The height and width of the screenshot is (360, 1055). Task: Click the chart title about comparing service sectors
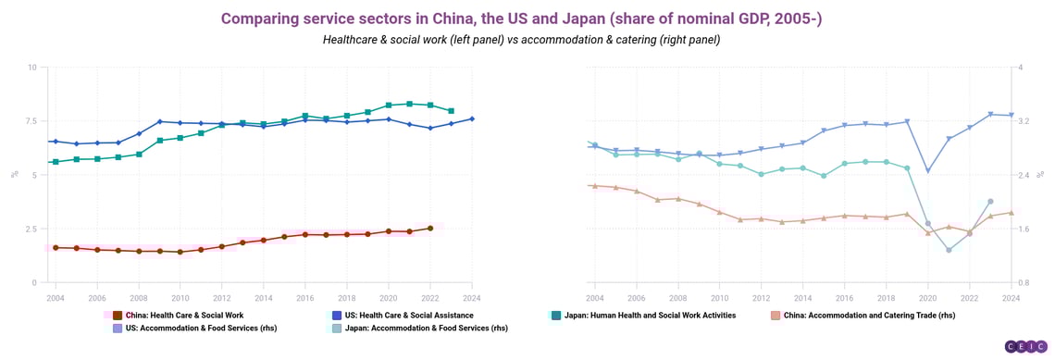coord(521,19)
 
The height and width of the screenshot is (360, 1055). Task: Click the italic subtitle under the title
coord(521,40)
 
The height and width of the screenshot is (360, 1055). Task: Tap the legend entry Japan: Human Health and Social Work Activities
coord(649,316)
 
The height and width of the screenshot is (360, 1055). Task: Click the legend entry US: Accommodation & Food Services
coord(193,329)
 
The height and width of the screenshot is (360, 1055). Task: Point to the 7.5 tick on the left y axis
coord(31,121)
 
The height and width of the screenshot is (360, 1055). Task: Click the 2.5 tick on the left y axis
coord(31,229)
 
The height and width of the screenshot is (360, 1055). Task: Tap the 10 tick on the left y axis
coord(32,68)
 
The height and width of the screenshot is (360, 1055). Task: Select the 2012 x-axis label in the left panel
coord(222,298)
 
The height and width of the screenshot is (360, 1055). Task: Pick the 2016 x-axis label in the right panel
coord(844,298)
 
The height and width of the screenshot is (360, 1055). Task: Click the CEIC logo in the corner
coord(1025,346)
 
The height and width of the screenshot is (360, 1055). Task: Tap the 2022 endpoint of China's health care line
coord(429,228)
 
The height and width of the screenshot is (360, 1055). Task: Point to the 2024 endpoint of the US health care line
coord(472,118)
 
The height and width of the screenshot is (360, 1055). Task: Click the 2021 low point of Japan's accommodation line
coord(949,250)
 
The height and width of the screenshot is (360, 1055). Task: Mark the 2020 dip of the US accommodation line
coord(927,171)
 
